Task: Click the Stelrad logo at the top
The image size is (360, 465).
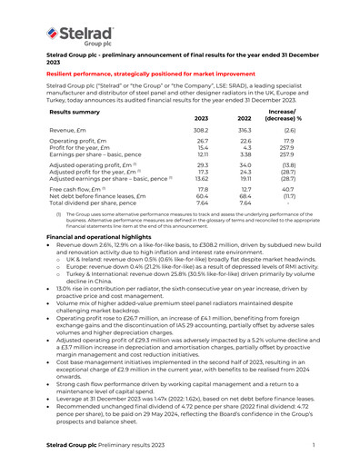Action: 77,35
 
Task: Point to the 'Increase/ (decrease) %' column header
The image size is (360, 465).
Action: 295,114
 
